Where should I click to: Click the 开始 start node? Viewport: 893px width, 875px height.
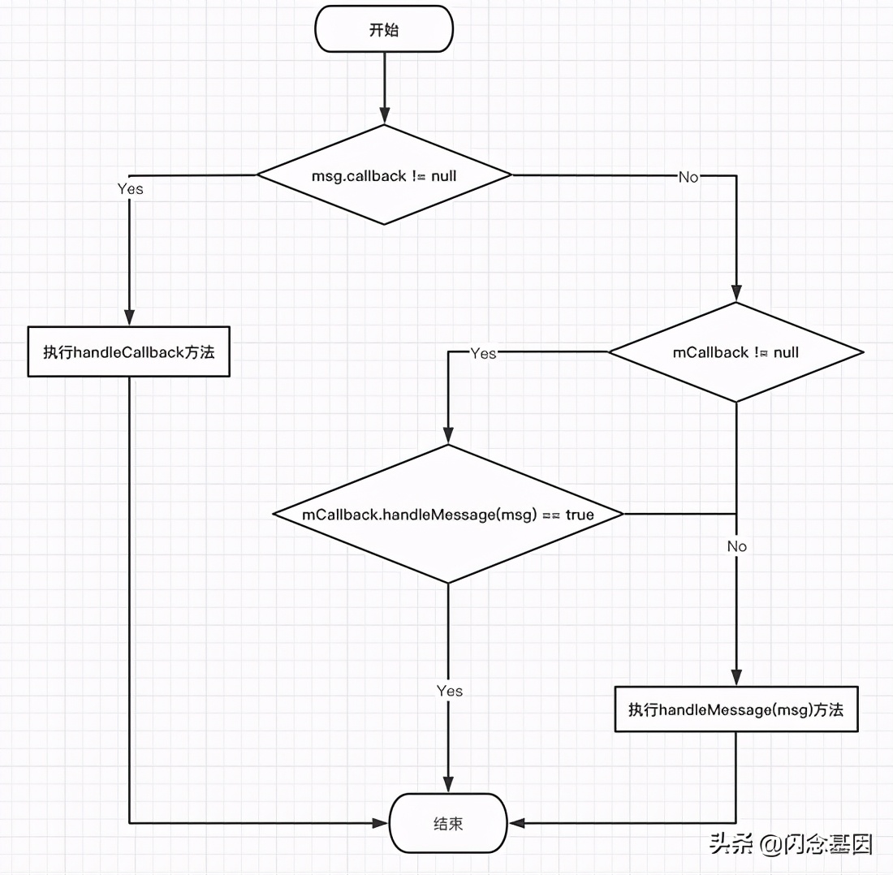tap(384, 31)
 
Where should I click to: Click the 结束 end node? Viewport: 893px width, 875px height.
tap(448, 822)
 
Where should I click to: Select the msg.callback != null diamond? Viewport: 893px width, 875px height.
tap(384, 175)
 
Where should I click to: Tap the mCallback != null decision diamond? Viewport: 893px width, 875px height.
tap(736, 352)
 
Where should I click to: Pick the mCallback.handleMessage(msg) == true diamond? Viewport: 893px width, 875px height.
tap(448, 515)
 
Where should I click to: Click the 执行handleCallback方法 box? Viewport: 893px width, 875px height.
tap(129, 352)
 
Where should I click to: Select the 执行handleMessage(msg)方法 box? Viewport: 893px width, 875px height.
tap(736, 709)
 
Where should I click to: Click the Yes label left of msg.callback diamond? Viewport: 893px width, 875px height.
tap(130, 188)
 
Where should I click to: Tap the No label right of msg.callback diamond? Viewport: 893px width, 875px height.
tap(688, 177)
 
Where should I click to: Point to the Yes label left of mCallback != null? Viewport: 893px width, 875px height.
tap(483, 353)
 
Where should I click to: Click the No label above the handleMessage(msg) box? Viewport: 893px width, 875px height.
tap(736, 546)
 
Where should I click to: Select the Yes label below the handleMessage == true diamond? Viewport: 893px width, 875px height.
tap(449, 691)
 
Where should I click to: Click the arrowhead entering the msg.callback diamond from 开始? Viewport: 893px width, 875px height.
tap(384, 117)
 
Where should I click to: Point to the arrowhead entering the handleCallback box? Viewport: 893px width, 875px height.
tap(129, 318)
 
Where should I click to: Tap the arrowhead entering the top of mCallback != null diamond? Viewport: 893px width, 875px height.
tap(736, 295)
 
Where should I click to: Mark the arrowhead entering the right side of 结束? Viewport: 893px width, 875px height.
tap(516, 823)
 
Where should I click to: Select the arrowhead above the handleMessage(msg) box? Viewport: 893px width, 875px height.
tap(736, 679)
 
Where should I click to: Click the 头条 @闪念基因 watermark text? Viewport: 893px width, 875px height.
tap(791, 845)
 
